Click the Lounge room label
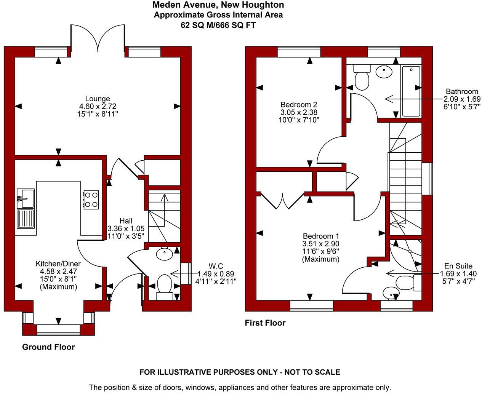click(x=98, y=99)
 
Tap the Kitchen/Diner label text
click(x=58, y=264)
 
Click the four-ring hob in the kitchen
click(x=91, y=199)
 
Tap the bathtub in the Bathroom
click(x=411, y=91)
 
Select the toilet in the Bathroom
click(x=362, y=78)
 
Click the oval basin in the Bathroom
click(x=384, y=71)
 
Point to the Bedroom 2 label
click(x=299, y=104)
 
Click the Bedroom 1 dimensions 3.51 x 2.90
click(x=320, y=244)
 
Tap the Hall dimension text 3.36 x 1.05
click(x=126, y=228)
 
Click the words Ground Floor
click(x=48, y=347)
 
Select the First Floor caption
click(x=265, y=323)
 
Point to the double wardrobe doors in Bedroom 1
click(x=282, y=201)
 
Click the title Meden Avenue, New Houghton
click(x=218, y=5)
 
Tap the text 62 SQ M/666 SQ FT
click(x=218, y=25)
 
